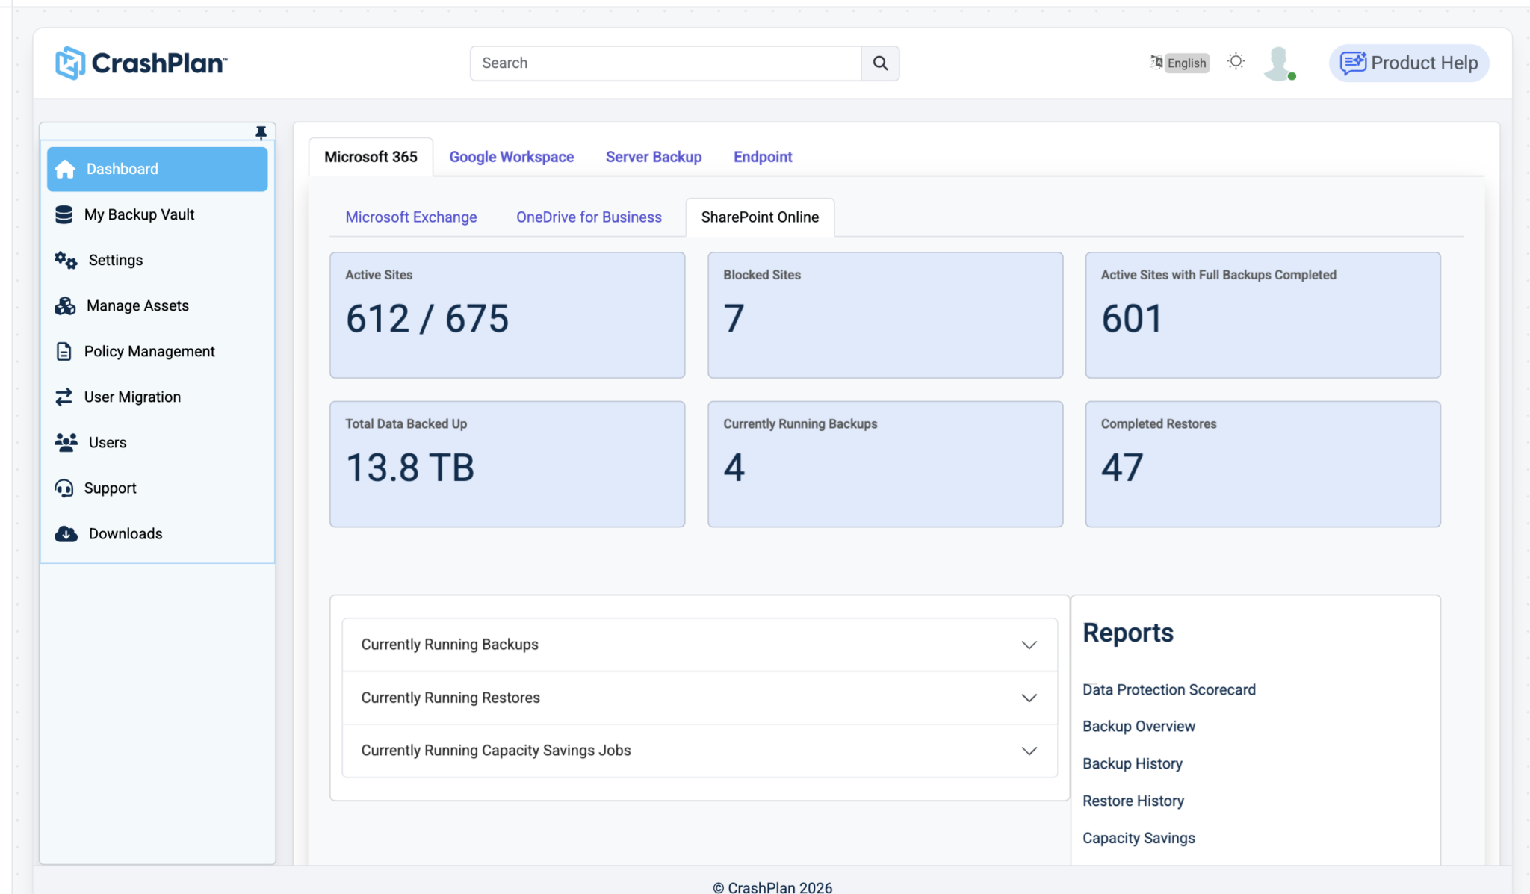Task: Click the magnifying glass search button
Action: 880,63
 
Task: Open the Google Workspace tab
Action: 512,157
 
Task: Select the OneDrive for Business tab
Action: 589,217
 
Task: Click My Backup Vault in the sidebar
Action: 139,215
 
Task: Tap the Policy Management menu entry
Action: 149,352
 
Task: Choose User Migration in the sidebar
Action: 132,397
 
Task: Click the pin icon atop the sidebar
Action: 261,133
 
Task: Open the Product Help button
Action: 1409,63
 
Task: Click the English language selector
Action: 1180,63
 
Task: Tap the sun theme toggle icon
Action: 1236,62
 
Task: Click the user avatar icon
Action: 1280,63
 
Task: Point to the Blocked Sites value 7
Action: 734,319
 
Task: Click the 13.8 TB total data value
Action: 410,468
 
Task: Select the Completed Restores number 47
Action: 1122,468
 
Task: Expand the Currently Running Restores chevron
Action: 1029,698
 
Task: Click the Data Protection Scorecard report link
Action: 1169,690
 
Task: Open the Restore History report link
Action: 1133,801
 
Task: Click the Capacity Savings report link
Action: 1139,839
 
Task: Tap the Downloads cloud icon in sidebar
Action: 66,534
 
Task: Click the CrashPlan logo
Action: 141,63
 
